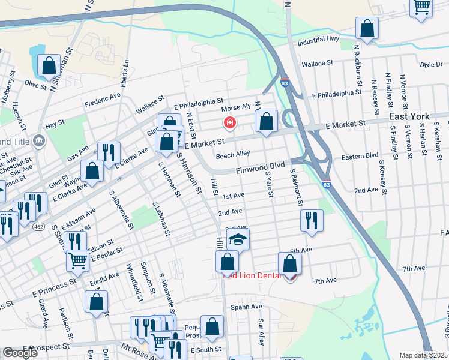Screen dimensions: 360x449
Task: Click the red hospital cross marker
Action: (229, 124)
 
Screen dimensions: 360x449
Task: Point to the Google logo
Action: (20, 353)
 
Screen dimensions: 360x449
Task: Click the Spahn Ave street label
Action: (247, 307)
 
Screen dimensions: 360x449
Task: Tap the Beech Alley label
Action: (233, 154)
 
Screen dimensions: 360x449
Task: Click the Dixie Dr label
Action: (430, 64)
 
